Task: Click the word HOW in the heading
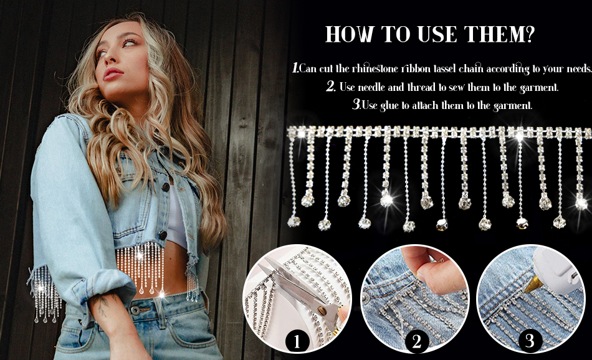[x=349, y=34]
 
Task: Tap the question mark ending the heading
[x=530, y=34]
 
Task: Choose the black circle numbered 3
[x=530, y=341]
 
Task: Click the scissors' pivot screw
[x=322, y=311]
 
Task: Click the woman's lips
[x=113, y=73]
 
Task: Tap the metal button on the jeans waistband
[x=135, y=310]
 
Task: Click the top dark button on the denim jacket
[x=166, y=186]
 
